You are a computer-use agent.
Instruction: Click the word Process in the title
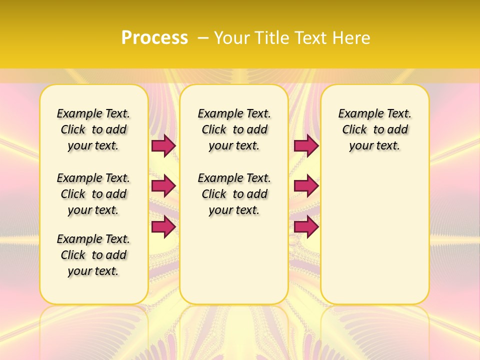[154, 37]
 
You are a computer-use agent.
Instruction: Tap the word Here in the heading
[352, 37]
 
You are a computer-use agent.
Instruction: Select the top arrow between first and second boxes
[163, 145]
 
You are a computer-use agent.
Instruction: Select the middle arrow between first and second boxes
[163, 186]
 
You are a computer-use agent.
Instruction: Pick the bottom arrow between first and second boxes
[163, 226]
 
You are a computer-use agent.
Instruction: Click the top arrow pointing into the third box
[305, 145]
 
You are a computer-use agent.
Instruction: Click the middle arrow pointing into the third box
[305, 186]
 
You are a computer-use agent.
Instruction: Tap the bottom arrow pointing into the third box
[305, 226]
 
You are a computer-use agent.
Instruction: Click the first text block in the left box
[93, 129]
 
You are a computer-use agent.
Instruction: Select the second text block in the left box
[93, 194]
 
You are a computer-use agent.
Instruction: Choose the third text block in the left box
[93, 255]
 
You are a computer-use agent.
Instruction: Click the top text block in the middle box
[234, 129]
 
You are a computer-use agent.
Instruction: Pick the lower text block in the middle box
[234, 194]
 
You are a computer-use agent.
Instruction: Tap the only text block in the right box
[374, 129]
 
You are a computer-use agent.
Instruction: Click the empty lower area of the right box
[374, 235]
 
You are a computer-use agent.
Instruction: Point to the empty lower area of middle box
[234, 260]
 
